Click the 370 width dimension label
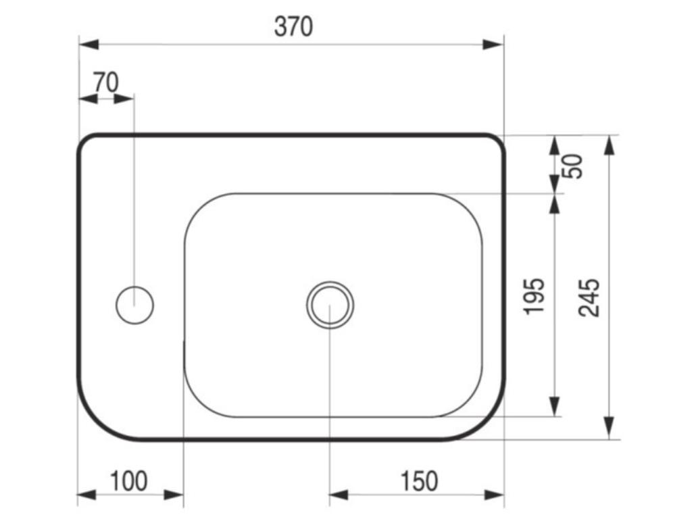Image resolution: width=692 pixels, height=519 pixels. click(x=293, y=27)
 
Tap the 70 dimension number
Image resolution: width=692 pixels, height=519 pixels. click(x=105, y=82)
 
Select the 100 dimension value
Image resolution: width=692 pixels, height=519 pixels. click(x=128, y=482)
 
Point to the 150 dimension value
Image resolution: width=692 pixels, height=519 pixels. click(x=419, y=482)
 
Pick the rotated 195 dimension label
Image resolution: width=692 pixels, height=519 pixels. click(x=535, y=295)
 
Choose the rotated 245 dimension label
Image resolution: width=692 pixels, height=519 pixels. click(x=589, y=297)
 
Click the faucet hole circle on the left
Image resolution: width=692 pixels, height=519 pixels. click(x=134, y=305)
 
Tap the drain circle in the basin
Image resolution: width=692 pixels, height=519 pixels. click(x=330, y=304)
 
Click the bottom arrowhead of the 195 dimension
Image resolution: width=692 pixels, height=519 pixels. click(x=554, y=406)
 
